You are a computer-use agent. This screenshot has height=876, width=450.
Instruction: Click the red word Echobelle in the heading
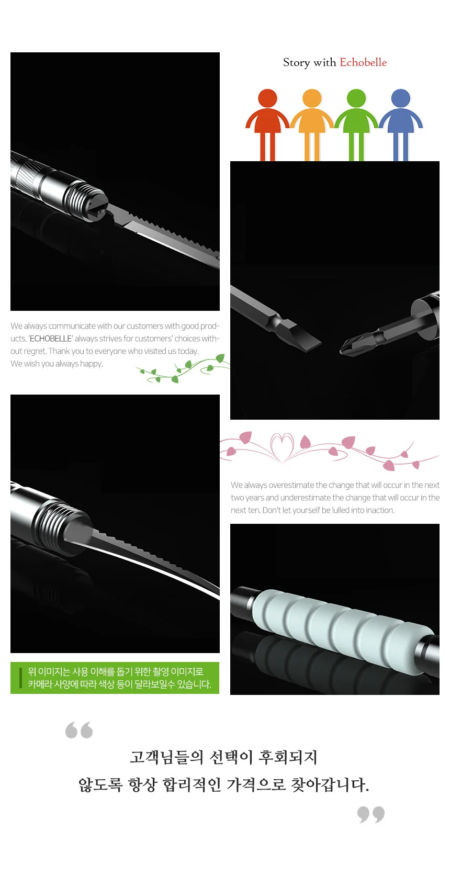(363, 62)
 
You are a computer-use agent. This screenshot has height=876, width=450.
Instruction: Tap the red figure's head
(267, 98)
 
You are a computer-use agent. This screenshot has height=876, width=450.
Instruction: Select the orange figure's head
(311, 98)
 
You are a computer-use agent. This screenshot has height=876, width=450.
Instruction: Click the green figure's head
(356, 98)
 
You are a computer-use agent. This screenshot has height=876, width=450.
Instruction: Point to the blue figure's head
(400, 98)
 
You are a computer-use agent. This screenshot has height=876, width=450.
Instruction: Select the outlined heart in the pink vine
(282, 447)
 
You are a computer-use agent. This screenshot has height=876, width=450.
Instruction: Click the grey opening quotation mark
(79, 730)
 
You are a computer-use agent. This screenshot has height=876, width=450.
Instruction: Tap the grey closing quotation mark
(371, 814)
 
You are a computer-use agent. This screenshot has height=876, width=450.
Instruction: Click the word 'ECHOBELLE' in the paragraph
(51, 339)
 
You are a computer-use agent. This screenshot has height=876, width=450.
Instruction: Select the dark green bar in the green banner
(20, 678)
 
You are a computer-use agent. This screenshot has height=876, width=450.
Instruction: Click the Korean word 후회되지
(288, 758)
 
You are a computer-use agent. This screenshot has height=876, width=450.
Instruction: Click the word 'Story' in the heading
(296, 63)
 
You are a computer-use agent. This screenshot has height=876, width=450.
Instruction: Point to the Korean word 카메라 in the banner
(40, 684)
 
